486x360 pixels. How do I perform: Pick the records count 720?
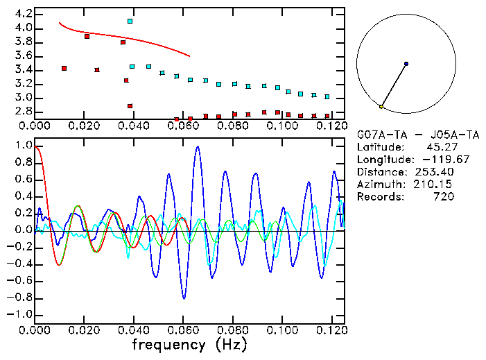click(444, 197)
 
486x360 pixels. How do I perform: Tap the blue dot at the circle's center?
click(406, 64)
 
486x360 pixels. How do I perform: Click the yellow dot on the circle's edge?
click(381, 106)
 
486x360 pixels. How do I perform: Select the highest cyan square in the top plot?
click(130, 22)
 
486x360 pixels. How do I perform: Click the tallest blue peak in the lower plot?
click(198, 147)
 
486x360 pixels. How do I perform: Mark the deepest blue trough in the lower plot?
click(184, 298)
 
